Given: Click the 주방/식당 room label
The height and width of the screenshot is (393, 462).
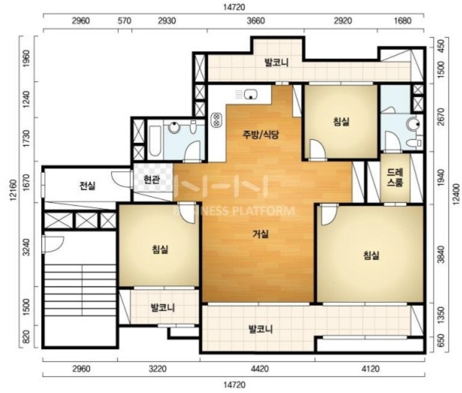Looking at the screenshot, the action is tap(260, 135).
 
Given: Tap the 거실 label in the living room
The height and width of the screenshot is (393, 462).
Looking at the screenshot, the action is tap(260, 234).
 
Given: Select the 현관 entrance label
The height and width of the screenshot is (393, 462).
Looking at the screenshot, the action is tap(152, 179).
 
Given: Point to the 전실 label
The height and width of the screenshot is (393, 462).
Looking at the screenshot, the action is tap(88, 186).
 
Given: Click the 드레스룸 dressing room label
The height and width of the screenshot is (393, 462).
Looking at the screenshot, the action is tap(395, 178).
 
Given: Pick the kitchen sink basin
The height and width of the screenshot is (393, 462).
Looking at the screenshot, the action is tap(250, 94).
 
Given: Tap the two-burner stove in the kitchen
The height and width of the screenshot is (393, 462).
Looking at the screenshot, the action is tap(217, 120).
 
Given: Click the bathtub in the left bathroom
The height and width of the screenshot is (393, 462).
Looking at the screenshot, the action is tap(155, 141).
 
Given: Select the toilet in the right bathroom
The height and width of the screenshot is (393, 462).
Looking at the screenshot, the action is tap(415, 143).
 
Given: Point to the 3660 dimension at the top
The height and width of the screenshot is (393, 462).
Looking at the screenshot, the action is tap(256, 21).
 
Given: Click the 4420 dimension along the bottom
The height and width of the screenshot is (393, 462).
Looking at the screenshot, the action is tap(260, 368).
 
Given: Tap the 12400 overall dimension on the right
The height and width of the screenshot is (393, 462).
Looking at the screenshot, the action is tap(456, 194).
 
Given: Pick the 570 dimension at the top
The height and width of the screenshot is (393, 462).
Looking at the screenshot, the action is tap(124, 21).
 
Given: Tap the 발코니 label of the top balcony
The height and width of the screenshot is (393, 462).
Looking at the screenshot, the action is tap(276, 63).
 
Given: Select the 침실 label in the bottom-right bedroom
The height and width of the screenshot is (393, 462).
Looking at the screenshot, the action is tap(371, 255).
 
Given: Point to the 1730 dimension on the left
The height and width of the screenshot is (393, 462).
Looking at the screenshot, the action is tap(26, 139).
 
